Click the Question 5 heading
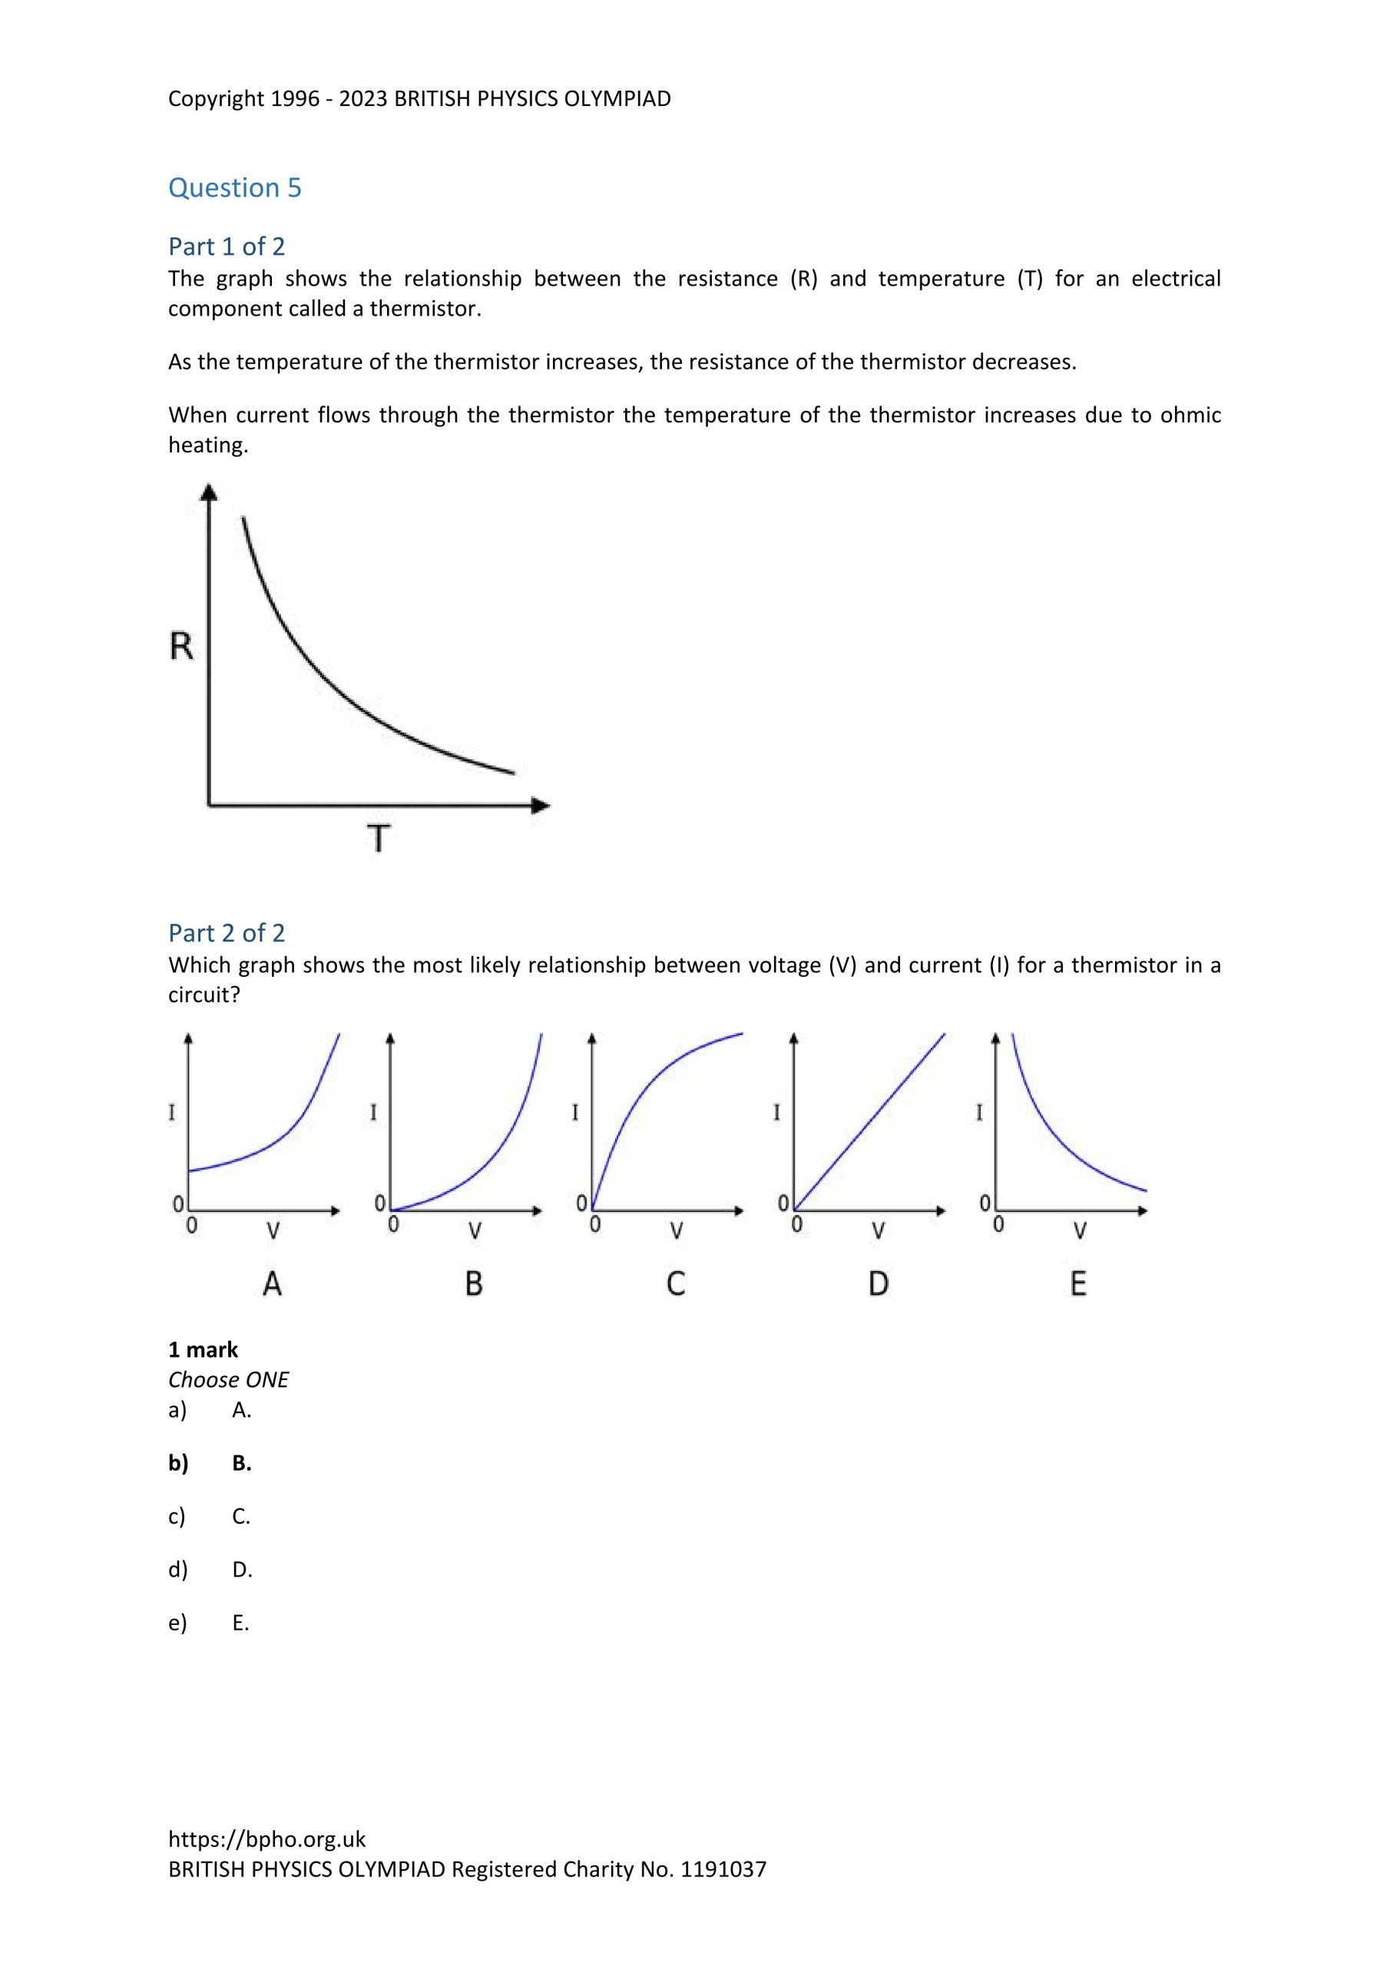tap(235, 187)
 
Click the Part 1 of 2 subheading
tap(226, 247)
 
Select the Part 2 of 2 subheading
tap(226, 932)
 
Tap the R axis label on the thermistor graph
tap(181, 647)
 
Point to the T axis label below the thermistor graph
tap(379, 839)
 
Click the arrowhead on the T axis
tap(541, 805)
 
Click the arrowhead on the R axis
tap(209, 491)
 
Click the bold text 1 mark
tap(203, 1350)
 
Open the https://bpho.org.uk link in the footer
tap(266, 1839)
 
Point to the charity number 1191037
tap(723, 1869)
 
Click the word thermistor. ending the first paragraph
tap(425, 308)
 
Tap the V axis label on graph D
tap(878, 1231)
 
